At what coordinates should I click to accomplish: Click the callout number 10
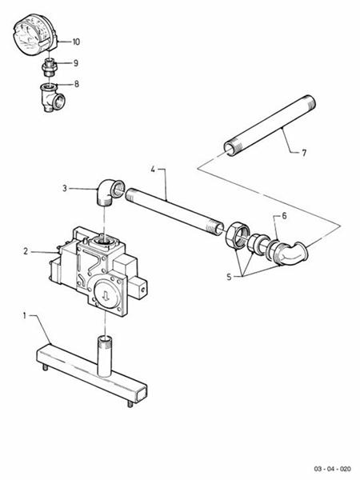point(76,40)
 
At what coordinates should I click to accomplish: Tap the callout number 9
point(76,62)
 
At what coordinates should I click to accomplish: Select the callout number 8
point(76,83)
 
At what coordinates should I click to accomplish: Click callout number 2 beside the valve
point(27,251)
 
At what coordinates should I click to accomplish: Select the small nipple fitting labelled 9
point(49,65)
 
